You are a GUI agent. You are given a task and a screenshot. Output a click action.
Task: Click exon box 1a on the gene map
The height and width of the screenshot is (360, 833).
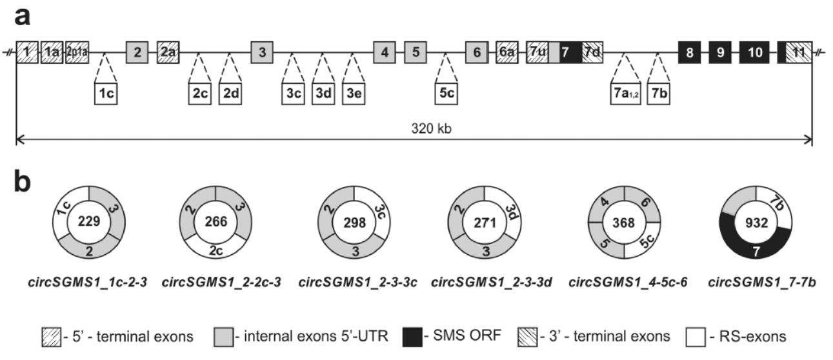point(52,52)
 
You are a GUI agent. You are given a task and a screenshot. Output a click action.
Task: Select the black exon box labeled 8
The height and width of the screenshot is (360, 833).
point(690,52)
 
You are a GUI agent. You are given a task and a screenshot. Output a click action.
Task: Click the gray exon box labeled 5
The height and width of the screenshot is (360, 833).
point(416,52)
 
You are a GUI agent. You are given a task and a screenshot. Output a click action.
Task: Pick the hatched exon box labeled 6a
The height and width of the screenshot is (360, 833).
point(505,52)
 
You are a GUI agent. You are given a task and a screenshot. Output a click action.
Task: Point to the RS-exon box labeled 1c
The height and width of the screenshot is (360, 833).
point(107,92)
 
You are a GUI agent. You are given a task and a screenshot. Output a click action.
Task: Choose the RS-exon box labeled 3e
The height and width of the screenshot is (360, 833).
point(354,92)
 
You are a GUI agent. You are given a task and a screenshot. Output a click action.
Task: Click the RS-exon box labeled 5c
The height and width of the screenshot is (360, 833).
point(447,92)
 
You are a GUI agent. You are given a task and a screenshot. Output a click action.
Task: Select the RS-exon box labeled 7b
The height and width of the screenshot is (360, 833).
point(659,92)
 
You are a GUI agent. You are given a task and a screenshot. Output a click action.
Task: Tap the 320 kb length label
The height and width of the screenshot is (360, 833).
point(414,128)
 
